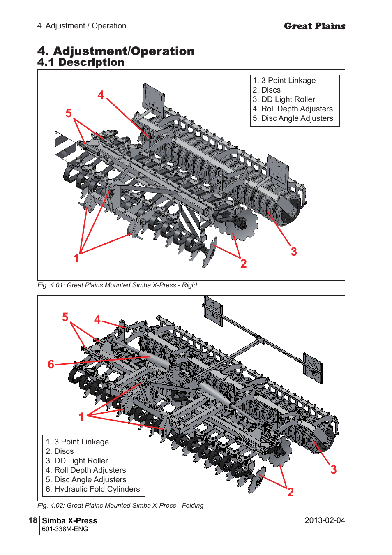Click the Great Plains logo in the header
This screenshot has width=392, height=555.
(x=314, y=26)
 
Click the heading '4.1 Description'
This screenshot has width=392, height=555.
(x=81, y=62)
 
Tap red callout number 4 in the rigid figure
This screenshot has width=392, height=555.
(x=101, y=95)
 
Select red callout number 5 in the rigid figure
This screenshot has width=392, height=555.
(x=69, y=113)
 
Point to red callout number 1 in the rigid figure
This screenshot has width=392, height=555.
(x=76, y=258)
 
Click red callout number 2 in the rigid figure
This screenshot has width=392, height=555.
(x=244, y=264)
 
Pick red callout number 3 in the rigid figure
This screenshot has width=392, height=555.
(x=294, y=252)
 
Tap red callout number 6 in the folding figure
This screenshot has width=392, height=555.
(x=51, y=364)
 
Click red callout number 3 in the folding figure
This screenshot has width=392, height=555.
(x=334, y=469)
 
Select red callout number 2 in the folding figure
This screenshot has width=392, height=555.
(x=291, y=492)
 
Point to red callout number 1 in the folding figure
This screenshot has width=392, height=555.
(x=81, y=417)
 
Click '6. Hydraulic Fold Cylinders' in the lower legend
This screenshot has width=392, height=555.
(x=93, y=489)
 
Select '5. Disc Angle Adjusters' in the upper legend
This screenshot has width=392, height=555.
(x=293, y=118)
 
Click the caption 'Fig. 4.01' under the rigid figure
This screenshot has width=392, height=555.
(x=117, y=285)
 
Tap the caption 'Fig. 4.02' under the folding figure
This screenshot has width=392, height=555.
(x=120, y=506)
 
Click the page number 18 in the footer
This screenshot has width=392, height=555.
(x=33, y=520)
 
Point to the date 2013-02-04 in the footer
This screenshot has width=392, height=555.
(x=325, y=520)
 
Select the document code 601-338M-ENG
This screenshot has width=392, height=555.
(x=65, y=529)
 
